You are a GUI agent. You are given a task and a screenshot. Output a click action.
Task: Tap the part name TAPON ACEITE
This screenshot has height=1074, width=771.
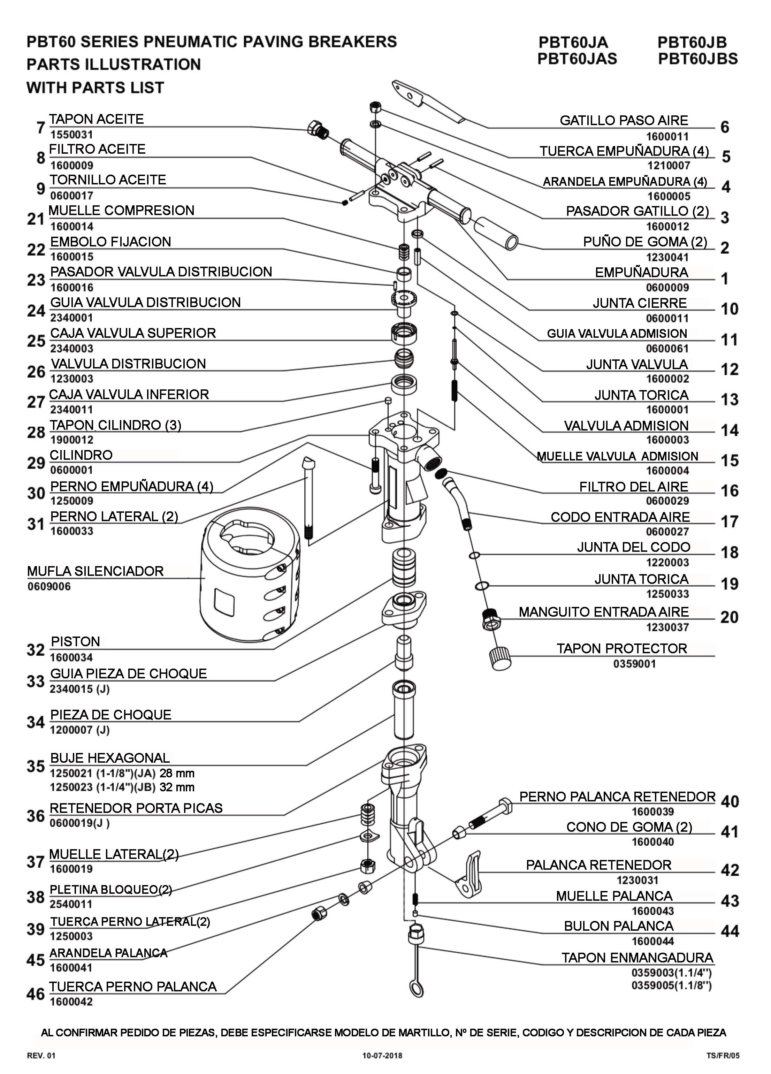click(96, 119)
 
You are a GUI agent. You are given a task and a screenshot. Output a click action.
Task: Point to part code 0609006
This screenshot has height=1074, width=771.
click(49, 586)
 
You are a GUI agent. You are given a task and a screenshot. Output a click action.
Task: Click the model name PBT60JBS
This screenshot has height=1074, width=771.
click(697, 59)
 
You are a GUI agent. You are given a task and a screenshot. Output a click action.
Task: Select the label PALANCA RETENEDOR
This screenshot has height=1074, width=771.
click(598, 865)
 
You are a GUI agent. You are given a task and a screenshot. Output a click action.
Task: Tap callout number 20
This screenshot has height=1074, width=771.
click(729, 617)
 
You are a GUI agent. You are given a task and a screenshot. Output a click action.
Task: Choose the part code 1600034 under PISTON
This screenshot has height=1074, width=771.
click(71, 657)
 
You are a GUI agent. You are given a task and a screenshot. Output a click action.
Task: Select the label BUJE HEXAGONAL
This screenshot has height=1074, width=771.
click(110, 758)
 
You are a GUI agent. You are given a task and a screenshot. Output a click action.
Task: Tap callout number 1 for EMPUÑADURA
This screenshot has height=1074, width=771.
click(725, 279)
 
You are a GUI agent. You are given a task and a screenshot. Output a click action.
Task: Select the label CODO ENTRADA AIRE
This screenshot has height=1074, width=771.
click(620, 517)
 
